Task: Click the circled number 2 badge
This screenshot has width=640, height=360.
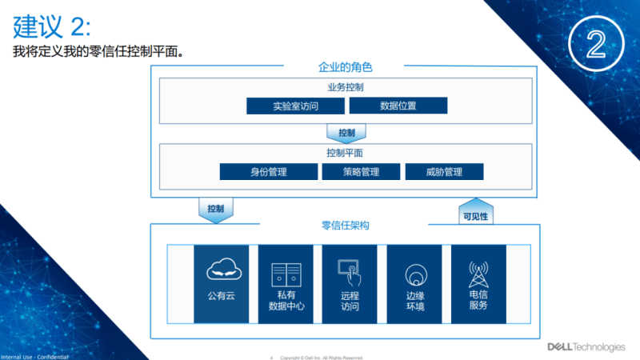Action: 596,45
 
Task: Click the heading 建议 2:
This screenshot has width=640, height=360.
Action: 52,27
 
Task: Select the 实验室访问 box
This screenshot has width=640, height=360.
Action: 294,106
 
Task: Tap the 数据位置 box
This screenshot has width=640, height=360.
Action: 398,106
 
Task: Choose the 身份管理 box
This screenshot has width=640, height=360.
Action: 269,171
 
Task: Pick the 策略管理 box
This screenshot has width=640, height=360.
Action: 361,171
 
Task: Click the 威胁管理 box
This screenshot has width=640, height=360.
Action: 444,171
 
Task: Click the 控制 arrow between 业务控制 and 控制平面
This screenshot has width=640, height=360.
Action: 346,132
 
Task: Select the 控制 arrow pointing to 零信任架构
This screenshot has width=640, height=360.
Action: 215,208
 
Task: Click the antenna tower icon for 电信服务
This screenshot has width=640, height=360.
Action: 478,274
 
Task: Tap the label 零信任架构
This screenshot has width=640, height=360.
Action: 345,226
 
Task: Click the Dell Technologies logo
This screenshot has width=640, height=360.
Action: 586,346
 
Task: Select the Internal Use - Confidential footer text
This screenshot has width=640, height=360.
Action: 34,356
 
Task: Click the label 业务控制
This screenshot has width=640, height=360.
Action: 346,87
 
